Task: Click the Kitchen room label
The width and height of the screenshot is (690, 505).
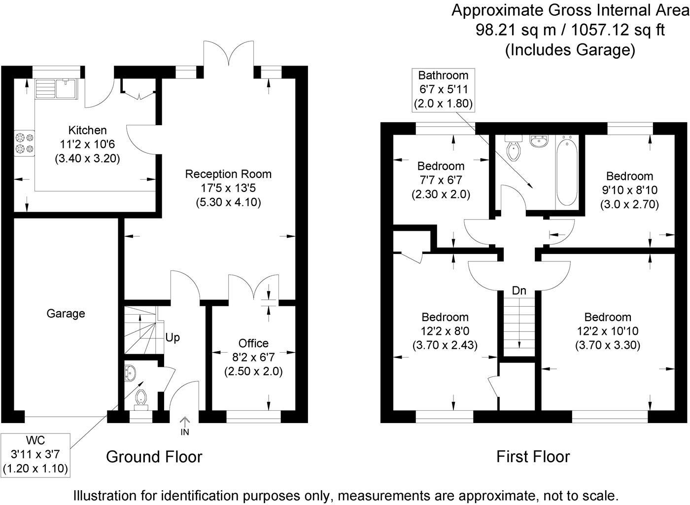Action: (87, 131)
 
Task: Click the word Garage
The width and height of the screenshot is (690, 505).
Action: (66, 314)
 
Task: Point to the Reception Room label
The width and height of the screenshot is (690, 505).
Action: (228, 174)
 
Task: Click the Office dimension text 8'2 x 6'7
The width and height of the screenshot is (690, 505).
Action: (253, 357)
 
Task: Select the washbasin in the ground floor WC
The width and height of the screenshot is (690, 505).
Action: (130, 373)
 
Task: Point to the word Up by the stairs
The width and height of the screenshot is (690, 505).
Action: (172, 338)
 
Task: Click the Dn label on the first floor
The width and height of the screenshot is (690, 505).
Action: (519, 291)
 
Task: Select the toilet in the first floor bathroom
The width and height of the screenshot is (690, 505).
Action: (513, 148)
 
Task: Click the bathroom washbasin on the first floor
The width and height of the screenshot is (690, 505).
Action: (539, 141)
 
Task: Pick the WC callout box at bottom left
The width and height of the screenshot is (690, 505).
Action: (35, 454)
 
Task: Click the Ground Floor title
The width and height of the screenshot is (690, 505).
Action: (154, 457)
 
